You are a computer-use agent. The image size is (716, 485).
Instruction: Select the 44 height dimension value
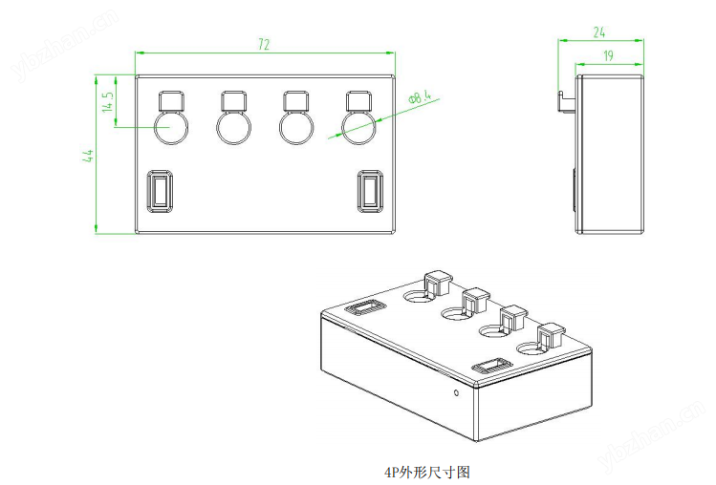[x=88, y=155]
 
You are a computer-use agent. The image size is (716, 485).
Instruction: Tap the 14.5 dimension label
[x=109, y=101]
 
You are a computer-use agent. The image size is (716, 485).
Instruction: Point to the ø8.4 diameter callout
[x=421, y=95]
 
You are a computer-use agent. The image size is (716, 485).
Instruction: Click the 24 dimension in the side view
[x=599, y=32]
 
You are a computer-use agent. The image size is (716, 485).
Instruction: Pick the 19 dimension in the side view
[x=608, y=56]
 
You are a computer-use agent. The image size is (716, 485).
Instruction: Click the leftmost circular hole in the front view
[x=171, y=127]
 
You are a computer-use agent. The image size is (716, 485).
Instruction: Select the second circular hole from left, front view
[x=233, y=127]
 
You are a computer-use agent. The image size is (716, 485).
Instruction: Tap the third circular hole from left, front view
[x=294, y=127]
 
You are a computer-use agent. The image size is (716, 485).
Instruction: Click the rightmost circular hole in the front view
[x=358, y=127]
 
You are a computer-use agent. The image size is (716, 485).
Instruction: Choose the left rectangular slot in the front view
[x=159, y=190]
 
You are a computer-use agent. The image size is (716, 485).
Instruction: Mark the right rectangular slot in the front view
[x=369, y=190]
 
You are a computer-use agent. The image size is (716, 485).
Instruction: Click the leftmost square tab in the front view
[x=170, y=100]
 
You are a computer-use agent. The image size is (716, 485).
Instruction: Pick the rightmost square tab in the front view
[x=358, y=100]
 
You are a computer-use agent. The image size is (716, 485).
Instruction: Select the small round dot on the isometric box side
[x=457, y=392]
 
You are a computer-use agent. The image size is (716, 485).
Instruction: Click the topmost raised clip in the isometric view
[x=436, y=282]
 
